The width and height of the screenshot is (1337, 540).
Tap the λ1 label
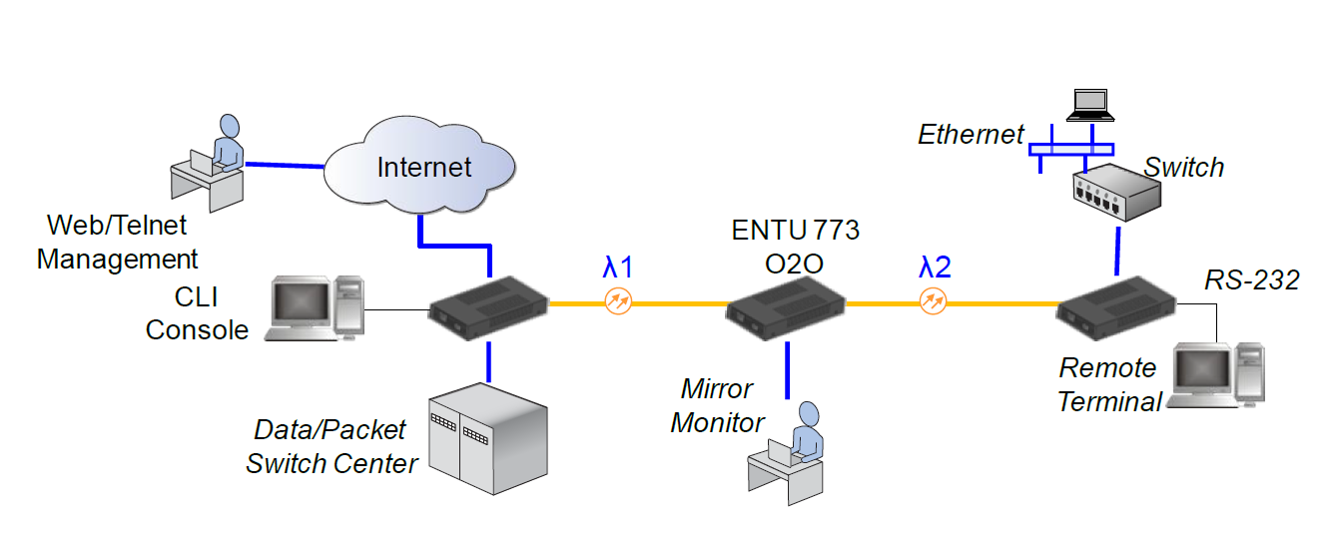(617, 268)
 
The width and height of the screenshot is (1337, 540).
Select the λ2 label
(935, 267)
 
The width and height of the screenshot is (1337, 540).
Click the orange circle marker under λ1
(618, 301)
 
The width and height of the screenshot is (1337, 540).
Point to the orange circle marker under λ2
(933, 300)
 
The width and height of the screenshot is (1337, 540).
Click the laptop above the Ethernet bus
(1088, 104)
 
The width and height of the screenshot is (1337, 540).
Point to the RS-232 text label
(1251, 280)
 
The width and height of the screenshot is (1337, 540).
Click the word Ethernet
(972, 134)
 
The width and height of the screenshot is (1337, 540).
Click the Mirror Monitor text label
(717, 405)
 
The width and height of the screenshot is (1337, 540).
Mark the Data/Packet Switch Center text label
(332, 446)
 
